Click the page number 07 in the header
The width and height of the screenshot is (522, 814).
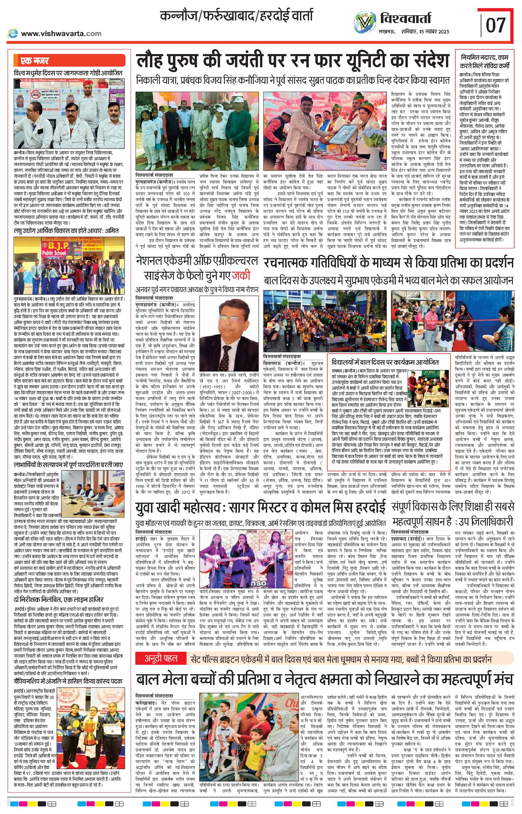tap(496, 25)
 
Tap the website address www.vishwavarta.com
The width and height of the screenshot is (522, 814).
tap(61, 33)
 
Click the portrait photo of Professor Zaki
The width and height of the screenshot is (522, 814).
tap(228, 334)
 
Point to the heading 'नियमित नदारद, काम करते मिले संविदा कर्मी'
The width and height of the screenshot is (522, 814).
tap(484, 61)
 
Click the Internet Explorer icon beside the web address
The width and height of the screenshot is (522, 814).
tap(13, 33)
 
